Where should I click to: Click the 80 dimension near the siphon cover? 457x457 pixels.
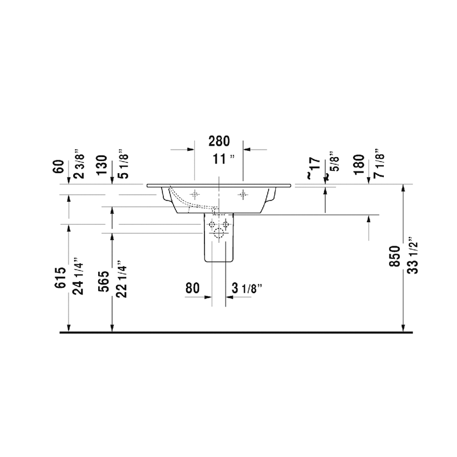192,288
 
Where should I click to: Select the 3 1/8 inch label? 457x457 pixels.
246,288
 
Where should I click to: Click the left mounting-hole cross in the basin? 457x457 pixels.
195,194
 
